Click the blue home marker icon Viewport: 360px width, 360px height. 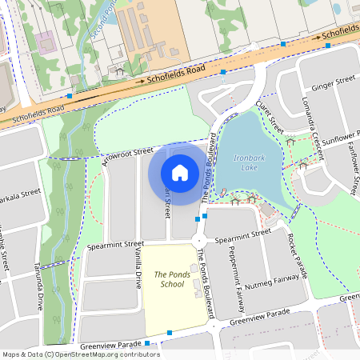(180, 173)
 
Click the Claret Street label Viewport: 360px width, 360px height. (270, 118)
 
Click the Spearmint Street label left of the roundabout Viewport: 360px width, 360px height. (116, 243)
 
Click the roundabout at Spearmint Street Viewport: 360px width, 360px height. (199, 240)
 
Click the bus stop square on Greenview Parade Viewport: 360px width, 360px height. (170, 332)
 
